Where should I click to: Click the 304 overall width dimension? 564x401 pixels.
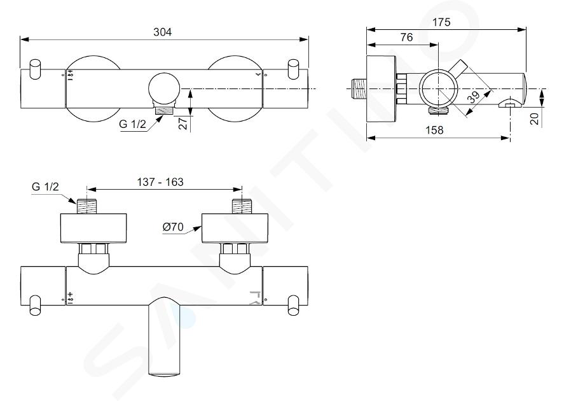(x=163, y=32)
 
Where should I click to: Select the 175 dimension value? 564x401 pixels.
(x=441, y=22)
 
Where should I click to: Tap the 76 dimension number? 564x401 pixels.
(x=406, y=38)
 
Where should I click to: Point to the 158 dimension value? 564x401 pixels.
(x=434, y=130)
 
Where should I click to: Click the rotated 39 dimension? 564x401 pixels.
(x=474, y=97)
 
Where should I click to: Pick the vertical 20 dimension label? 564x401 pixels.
(x=535, y=118)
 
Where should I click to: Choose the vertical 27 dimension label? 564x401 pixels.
(x=184, y=123)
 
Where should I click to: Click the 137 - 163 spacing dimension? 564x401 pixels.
(x=160, y=182)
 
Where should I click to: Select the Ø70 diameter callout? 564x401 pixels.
(x=173, y=227)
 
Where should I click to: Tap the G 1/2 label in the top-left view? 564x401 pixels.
(x=132, y=124)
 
